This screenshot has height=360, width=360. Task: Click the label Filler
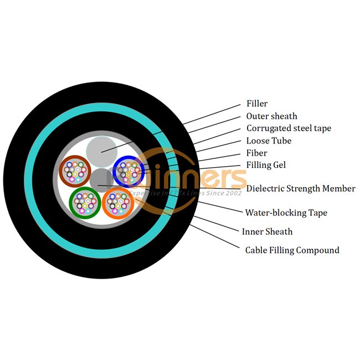(257, 104)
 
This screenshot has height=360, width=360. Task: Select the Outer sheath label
(272, 116)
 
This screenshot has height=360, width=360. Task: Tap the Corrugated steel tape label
(289, 128)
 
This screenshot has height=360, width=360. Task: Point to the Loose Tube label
(269, 141)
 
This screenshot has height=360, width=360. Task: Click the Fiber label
(257, 153)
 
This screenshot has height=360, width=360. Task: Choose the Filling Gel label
(266, 165)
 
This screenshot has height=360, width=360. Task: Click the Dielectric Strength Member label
(301, 189)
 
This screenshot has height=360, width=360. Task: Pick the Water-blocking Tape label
(286, 213)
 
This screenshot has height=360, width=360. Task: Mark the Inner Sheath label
(267, 232)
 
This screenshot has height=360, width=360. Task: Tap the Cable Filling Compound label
(292, 250)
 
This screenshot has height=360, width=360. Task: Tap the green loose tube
(85, 203)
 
